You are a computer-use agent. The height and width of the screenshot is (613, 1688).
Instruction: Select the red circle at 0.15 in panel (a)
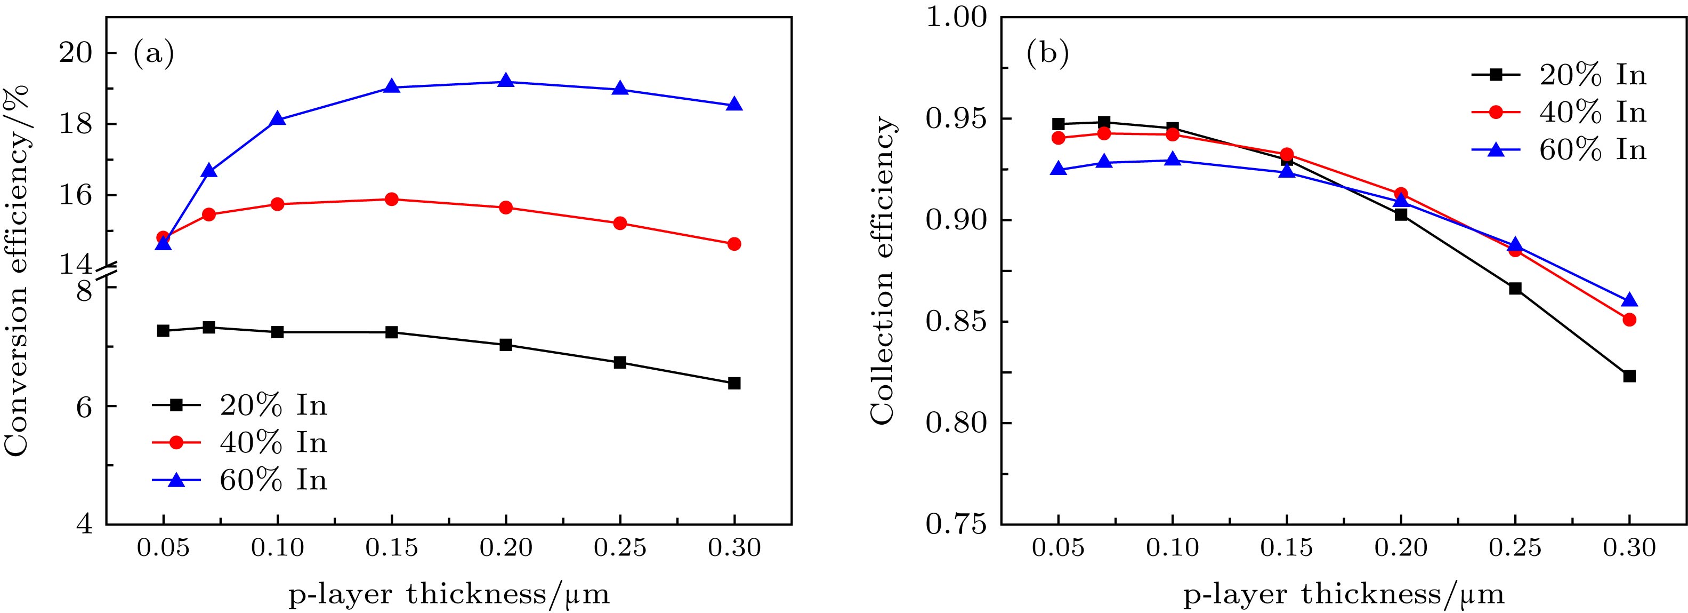[x=391, y=200]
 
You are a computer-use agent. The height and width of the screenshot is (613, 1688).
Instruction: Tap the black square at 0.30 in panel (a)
[x=734, y=383]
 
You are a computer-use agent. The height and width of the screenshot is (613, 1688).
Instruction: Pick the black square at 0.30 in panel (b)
[x=1629, y=376]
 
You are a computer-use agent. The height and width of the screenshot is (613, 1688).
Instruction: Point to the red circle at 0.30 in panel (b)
[x=1629, y=319]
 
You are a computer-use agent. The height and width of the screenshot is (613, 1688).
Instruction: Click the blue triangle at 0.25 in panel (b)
[x=1515, y=245]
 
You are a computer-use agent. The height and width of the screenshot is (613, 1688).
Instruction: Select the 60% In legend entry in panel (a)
[x=240, y=480]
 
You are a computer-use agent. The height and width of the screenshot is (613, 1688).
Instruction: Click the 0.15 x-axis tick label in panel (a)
[x=391, y=547]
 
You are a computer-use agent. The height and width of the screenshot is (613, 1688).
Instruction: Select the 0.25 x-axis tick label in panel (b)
[x=1515, y=547]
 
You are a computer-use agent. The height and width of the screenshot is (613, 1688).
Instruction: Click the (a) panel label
[x=154, y=54]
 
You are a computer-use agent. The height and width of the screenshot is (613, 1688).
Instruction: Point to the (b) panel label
[x=1047, y=54]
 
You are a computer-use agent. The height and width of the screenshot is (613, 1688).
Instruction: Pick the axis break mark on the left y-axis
[x=106, y=275]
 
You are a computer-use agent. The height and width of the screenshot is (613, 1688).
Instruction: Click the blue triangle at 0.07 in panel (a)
[x=209, y=171]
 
